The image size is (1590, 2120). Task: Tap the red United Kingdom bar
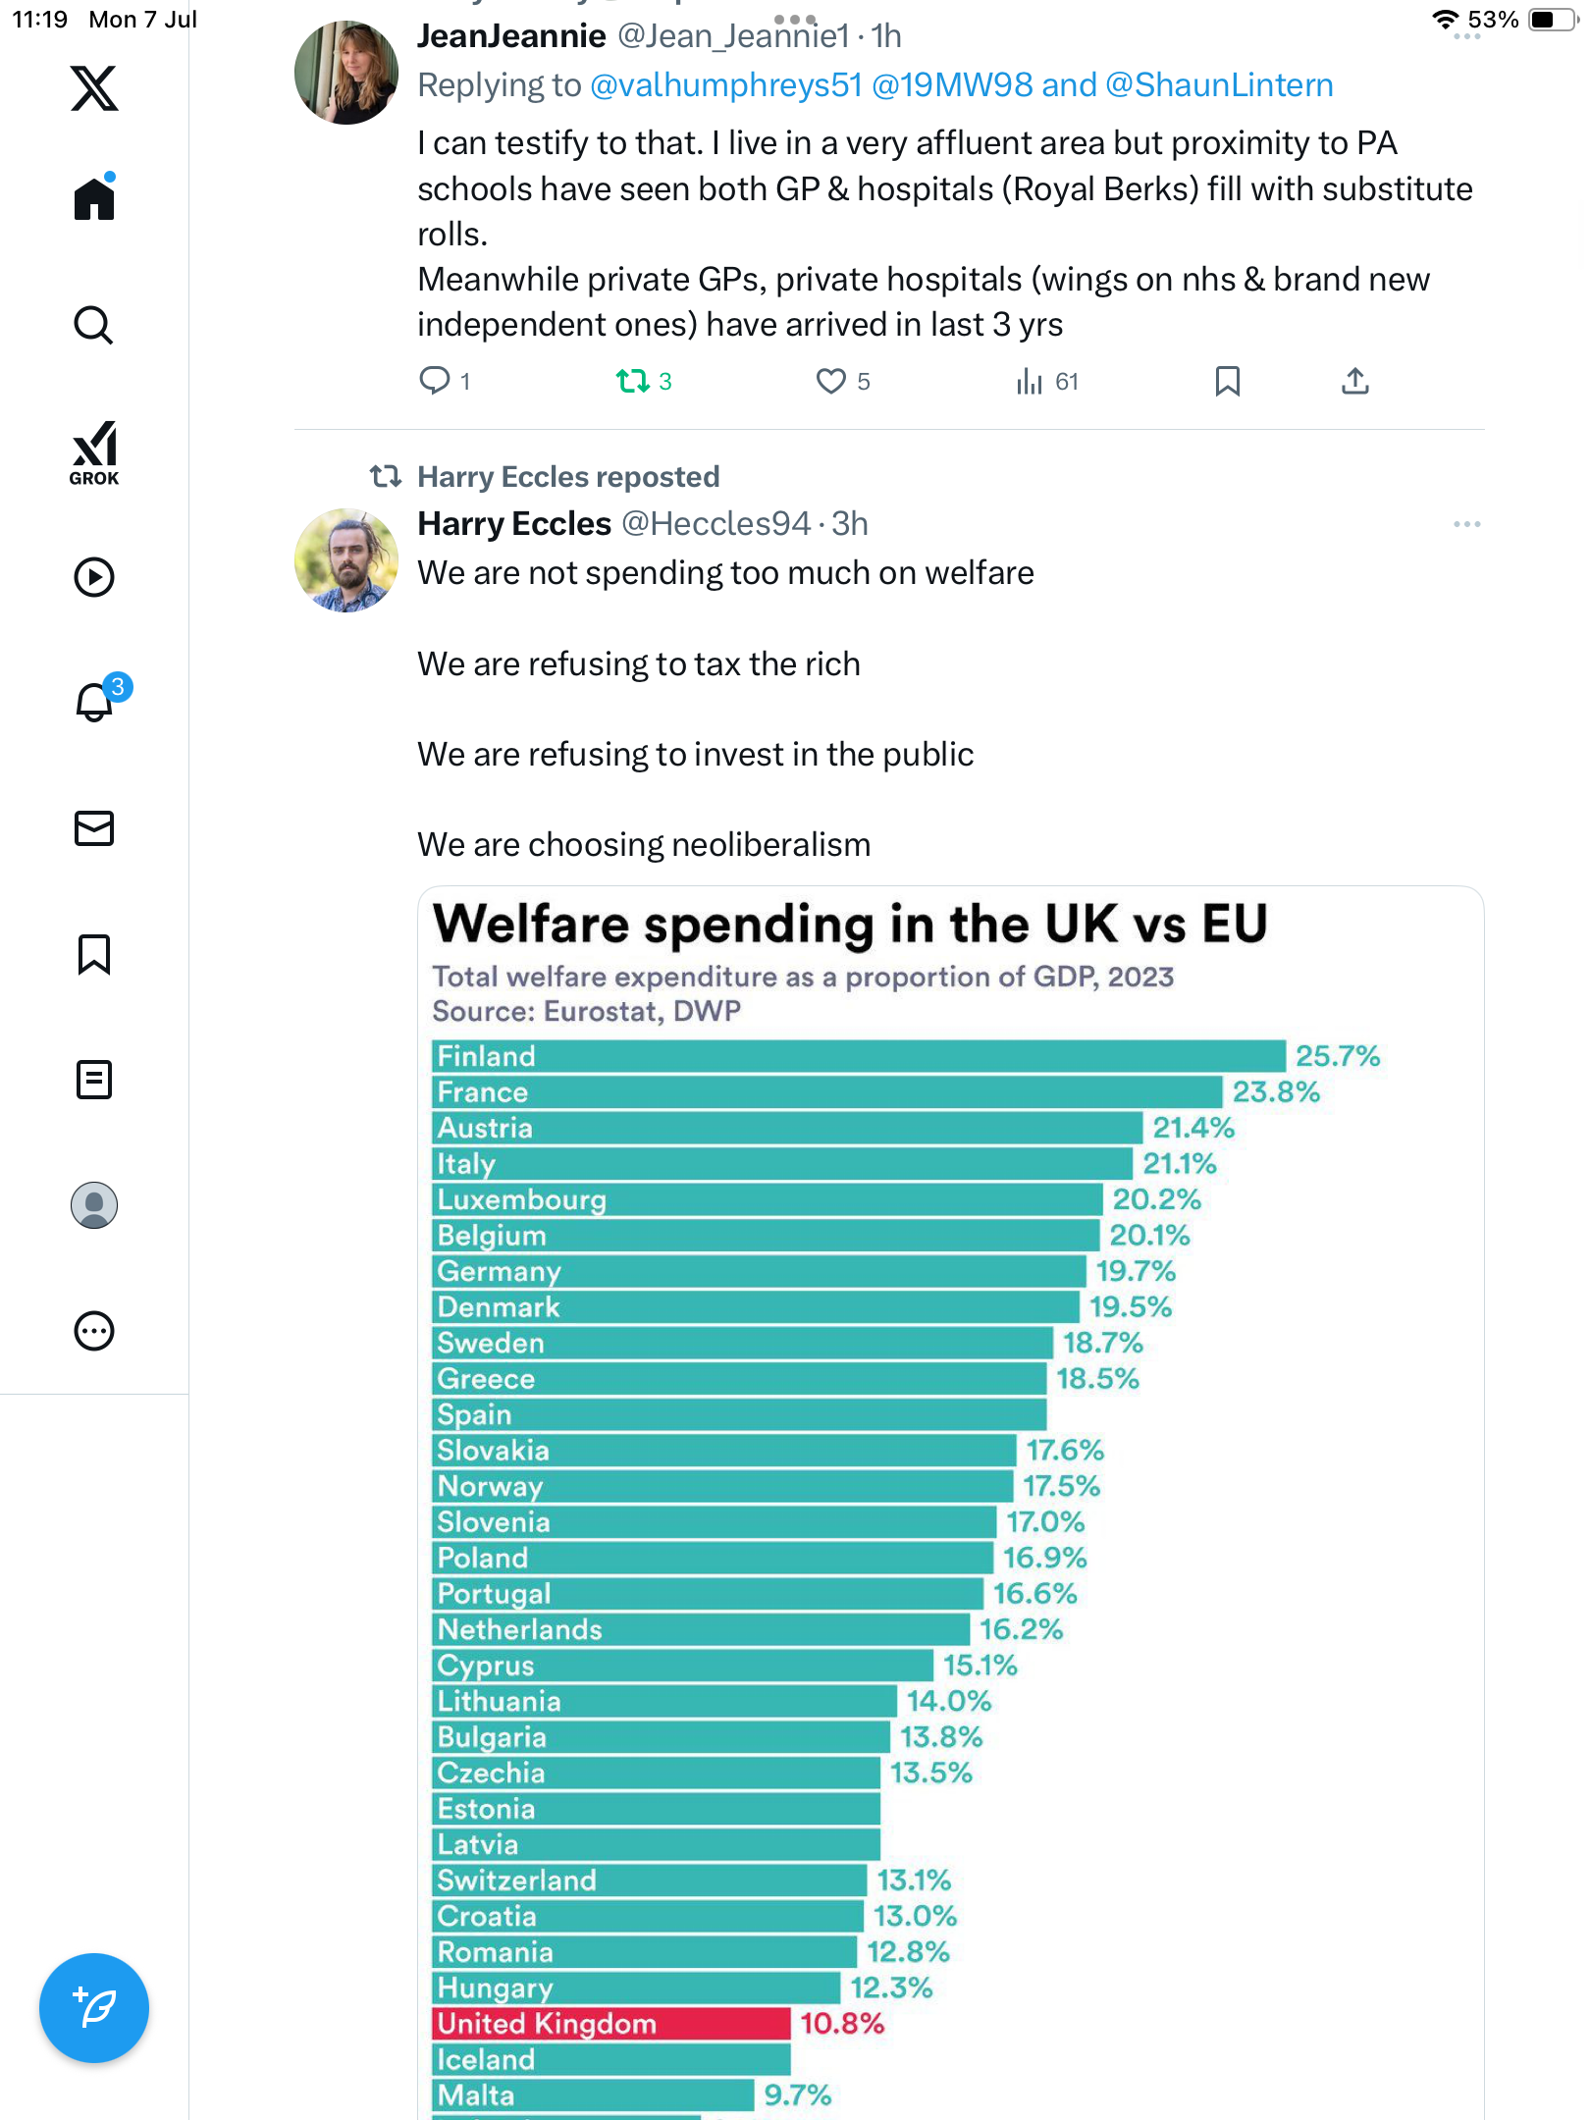click(x=611, y=2023)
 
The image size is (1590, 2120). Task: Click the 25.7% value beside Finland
click(x=1337, y=1056)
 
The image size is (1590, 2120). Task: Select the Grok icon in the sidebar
click(x=94, y=453)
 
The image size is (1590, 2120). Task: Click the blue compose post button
click(x=94, y=2008)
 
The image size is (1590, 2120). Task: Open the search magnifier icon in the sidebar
click(x=94, y=325)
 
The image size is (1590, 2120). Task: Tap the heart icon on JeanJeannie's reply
click(x=830, y=381)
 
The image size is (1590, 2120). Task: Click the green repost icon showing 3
click(x=632, y=381)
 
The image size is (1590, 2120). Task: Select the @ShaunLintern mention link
click(x=1219, y=85)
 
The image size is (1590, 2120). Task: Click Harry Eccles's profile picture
click(x=346, y=560)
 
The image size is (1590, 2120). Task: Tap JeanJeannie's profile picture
click(x=346, y=73)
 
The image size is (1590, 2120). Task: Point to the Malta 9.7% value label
click(x=797, y=2095)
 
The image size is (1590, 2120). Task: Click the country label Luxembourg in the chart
click(x=521, y=1200)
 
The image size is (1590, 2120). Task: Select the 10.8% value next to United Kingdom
click(x=842, y=2024)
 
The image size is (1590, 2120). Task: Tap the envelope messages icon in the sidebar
click(x=94, y=828)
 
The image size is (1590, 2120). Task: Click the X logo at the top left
click(x=94, y=88)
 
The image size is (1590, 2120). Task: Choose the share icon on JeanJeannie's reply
click(x=1355, y=381)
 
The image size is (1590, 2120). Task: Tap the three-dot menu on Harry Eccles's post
click(x=1467, y=524)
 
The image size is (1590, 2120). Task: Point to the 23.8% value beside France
click(x=1276, y=1092)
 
